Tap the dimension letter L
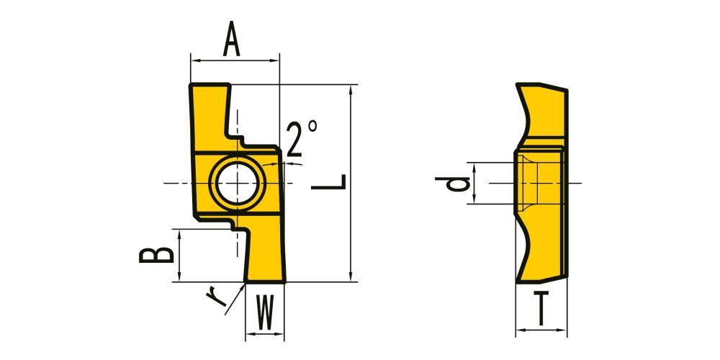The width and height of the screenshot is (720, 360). point(329,181)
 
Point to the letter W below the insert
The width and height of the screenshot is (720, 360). point(264,312)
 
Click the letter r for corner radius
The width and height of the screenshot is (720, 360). point(216,297)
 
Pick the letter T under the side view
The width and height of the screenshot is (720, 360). point(541,309)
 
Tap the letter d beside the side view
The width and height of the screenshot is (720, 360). point(452,184)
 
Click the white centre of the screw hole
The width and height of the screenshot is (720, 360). point(236,183)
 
